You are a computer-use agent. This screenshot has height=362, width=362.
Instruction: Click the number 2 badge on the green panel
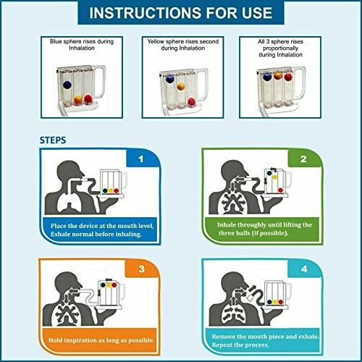[303, 158]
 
